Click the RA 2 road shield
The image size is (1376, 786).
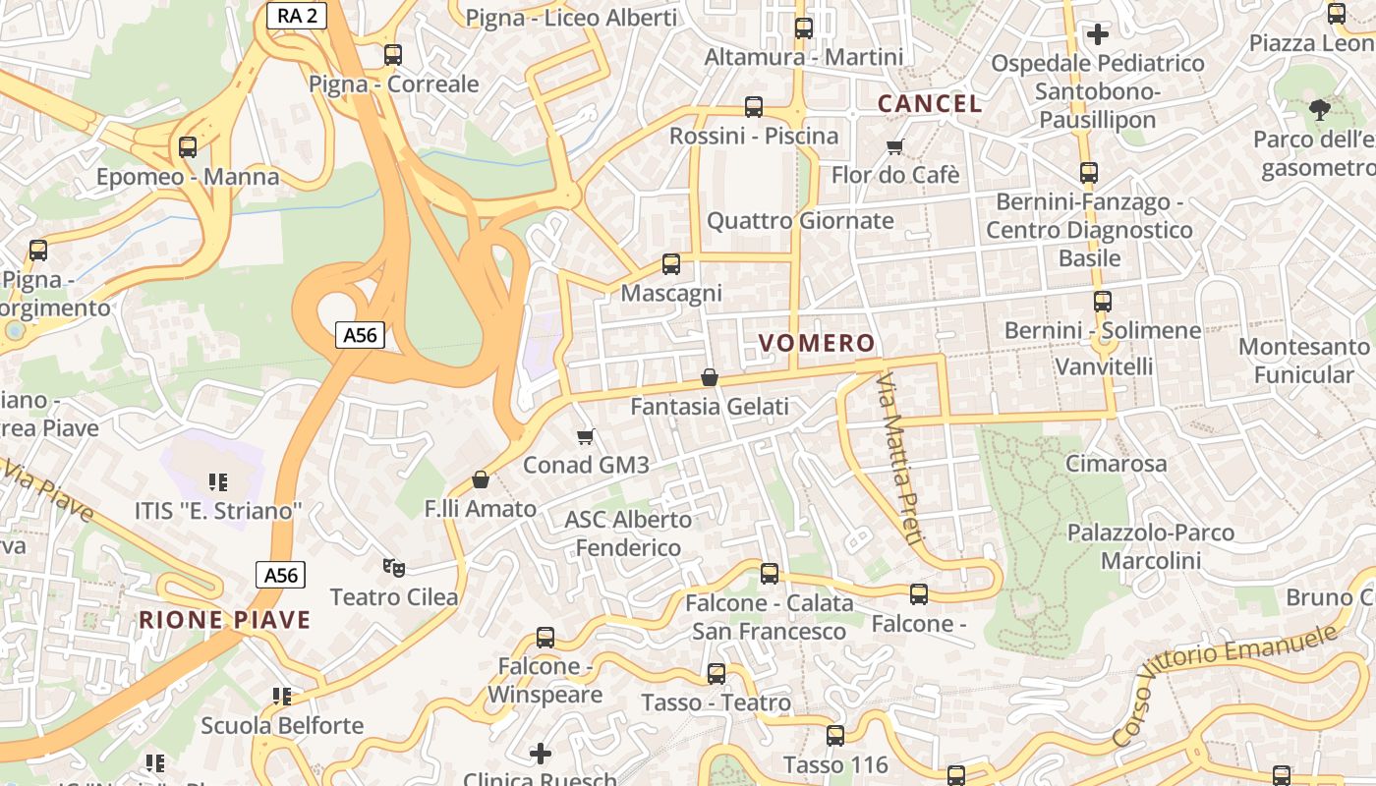pyautogui.click(x=296, y=14)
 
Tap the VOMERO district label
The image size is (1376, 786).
pyautogui.click(x=817, y=343)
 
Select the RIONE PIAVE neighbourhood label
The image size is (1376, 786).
pyautogui.click(x=224, y=620)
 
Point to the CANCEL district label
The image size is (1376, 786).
pyautogui.click(x=930, y=103)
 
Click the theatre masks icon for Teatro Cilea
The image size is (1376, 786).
pyautogui.click(x=394, y=567)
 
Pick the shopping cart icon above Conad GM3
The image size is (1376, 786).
pyautogui.click(x=586, y=436)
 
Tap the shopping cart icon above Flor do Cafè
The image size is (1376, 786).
pyautogui.click(x=894, y=147)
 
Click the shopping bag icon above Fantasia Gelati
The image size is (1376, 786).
pyautogui.click(x=710, y=377)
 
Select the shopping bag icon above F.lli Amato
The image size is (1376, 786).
pyautogui.click(x=481, y=479)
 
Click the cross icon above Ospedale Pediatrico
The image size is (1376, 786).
pyautogui.click(x=1098, y=34)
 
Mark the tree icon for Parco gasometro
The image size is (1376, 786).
pyautogui.click(x=1319, y=109)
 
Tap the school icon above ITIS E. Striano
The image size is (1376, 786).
pyautogui.click(x=218, y=481)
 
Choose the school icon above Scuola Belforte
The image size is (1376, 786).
pyautogui.click(x=282, y=697)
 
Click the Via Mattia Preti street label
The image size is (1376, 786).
pyautogui.click(x=900, y=458)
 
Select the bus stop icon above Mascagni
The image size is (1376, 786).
pyautogui.click(x=671, y=264)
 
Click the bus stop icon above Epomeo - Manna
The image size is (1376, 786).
pyautogui.click(x=188, y=147)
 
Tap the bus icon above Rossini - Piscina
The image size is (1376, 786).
pyautogui.click(x=754, y=107)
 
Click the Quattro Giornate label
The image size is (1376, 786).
pyautogui.click(x=800, y=220)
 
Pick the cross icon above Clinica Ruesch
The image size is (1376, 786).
pyautogui.click(x=541, y=754)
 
